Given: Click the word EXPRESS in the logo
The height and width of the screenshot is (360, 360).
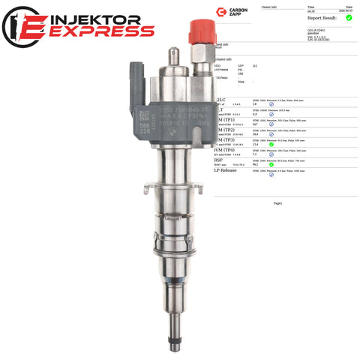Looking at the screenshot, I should pos(97,31).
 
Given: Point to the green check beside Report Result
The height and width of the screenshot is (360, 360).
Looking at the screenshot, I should pos(349,17).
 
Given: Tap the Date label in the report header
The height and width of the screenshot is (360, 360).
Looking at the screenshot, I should pos(349,6).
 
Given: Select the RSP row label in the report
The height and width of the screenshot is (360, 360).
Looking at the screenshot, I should pos(220,160).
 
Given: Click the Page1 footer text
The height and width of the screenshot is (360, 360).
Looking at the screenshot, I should pos(277,202).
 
